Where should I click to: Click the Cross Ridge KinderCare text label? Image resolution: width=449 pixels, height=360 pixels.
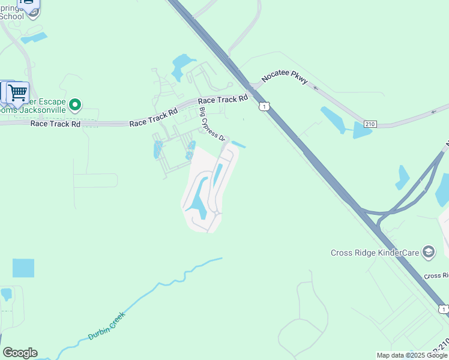(375, 253)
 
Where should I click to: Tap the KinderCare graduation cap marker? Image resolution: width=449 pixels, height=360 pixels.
(429, 251)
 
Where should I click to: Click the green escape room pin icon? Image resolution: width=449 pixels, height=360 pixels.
(75, 106)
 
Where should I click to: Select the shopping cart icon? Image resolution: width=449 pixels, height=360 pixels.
(18, 92)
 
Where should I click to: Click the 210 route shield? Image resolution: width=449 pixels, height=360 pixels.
(370, 124)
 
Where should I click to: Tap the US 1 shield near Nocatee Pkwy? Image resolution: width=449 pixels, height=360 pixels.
(264, 106)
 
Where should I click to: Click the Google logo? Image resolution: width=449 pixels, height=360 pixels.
(20, 353)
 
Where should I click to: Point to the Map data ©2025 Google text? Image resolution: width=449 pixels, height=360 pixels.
(412, 355)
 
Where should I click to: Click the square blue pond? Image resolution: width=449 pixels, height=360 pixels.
(23, 268)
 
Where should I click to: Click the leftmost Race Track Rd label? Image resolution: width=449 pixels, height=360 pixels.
(55, 124)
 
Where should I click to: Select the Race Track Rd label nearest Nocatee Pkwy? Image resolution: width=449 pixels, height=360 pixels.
(223, 100)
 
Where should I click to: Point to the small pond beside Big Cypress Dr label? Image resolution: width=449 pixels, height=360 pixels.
(238, 145)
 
